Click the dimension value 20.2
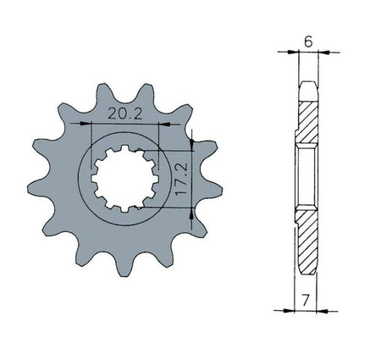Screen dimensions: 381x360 click(x=125, y=114)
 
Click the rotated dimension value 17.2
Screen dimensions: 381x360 click(x=181, y=180)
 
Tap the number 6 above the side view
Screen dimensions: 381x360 click(x=308, y=42)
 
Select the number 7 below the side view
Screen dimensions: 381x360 click(x=305, y=300)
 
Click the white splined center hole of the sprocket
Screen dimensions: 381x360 click(x=124, y=179)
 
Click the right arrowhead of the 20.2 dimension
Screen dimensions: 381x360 click(x=165, y=124)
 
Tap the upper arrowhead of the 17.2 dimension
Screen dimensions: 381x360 click(x=192, y=145)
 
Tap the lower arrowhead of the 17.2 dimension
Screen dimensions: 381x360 click(x=192, y=213)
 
